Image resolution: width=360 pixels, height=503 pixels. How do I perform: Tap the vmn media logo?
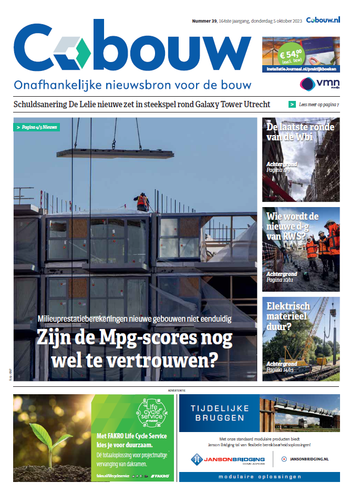(320, 84)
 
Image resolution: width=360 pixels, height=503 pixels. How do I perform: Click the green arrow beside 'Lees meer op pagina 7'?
(292, 105)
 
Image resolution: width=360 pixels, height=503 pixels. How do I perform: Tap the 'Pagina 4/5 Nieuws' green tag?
(36, 127)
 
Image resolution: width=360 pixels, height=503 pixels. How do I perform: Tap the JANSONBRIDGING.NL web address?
(309, 459)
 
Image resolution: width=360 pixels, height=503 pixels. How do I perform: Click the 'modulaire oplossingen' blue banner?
(259, 477)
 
